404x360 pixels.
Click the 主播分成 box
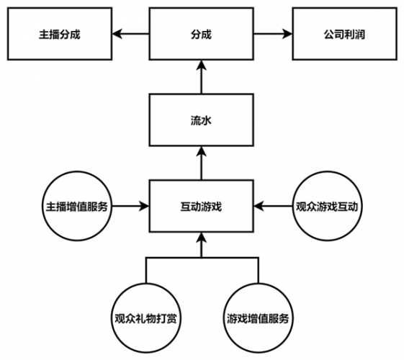(x=60, y=34)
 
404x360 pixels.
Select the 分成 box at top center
(x=201, y=34)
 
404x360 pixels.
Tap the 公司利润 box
(x=345, y=34)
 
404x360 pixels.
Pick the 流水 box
(x=201, y=120)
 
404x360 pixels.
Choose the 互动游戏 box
(x=201, y=206)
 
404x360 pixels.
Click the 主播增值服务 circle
(x=77, y=206)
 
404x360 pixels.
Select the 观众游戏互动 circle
(x=327, y=206)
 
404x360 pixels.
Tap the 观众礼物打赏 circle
(x=146, y=318)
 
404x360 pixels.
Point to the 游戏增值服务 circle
(x=258, y=318)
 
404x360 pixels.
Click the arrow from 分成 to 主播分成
(x=130, y=34)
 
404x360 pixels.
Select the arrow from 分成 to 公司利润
(x=273, y=34)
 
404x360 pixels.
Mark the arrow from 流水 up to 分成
(x=201, y=77)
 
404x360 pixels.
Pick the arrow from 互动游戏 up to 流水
(x=201, y=163)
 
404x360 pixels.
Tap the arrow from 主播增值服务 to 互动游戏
(x=130, y=206)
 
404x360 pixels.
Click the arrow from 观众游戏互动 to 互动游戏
(x=273, y=206)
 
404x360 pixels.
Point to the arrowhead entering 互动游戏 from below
(x=201, y=237)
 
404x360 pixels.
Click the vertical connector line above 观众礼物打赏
(x=146, y=270)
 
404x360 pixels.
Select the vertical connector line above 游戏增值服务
(x=258, y=270)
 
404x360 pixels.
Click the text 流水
(x=201, y=120)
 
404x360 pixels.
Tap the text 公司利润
(x=344, y=35)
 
